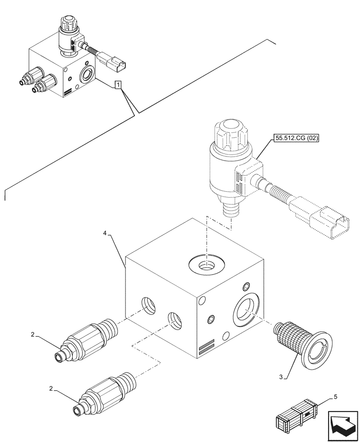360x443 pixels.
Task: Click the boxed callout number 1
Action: (x=118, y=84)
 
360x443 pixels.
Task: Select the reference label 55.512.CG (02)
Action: (x=297, y=138)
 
